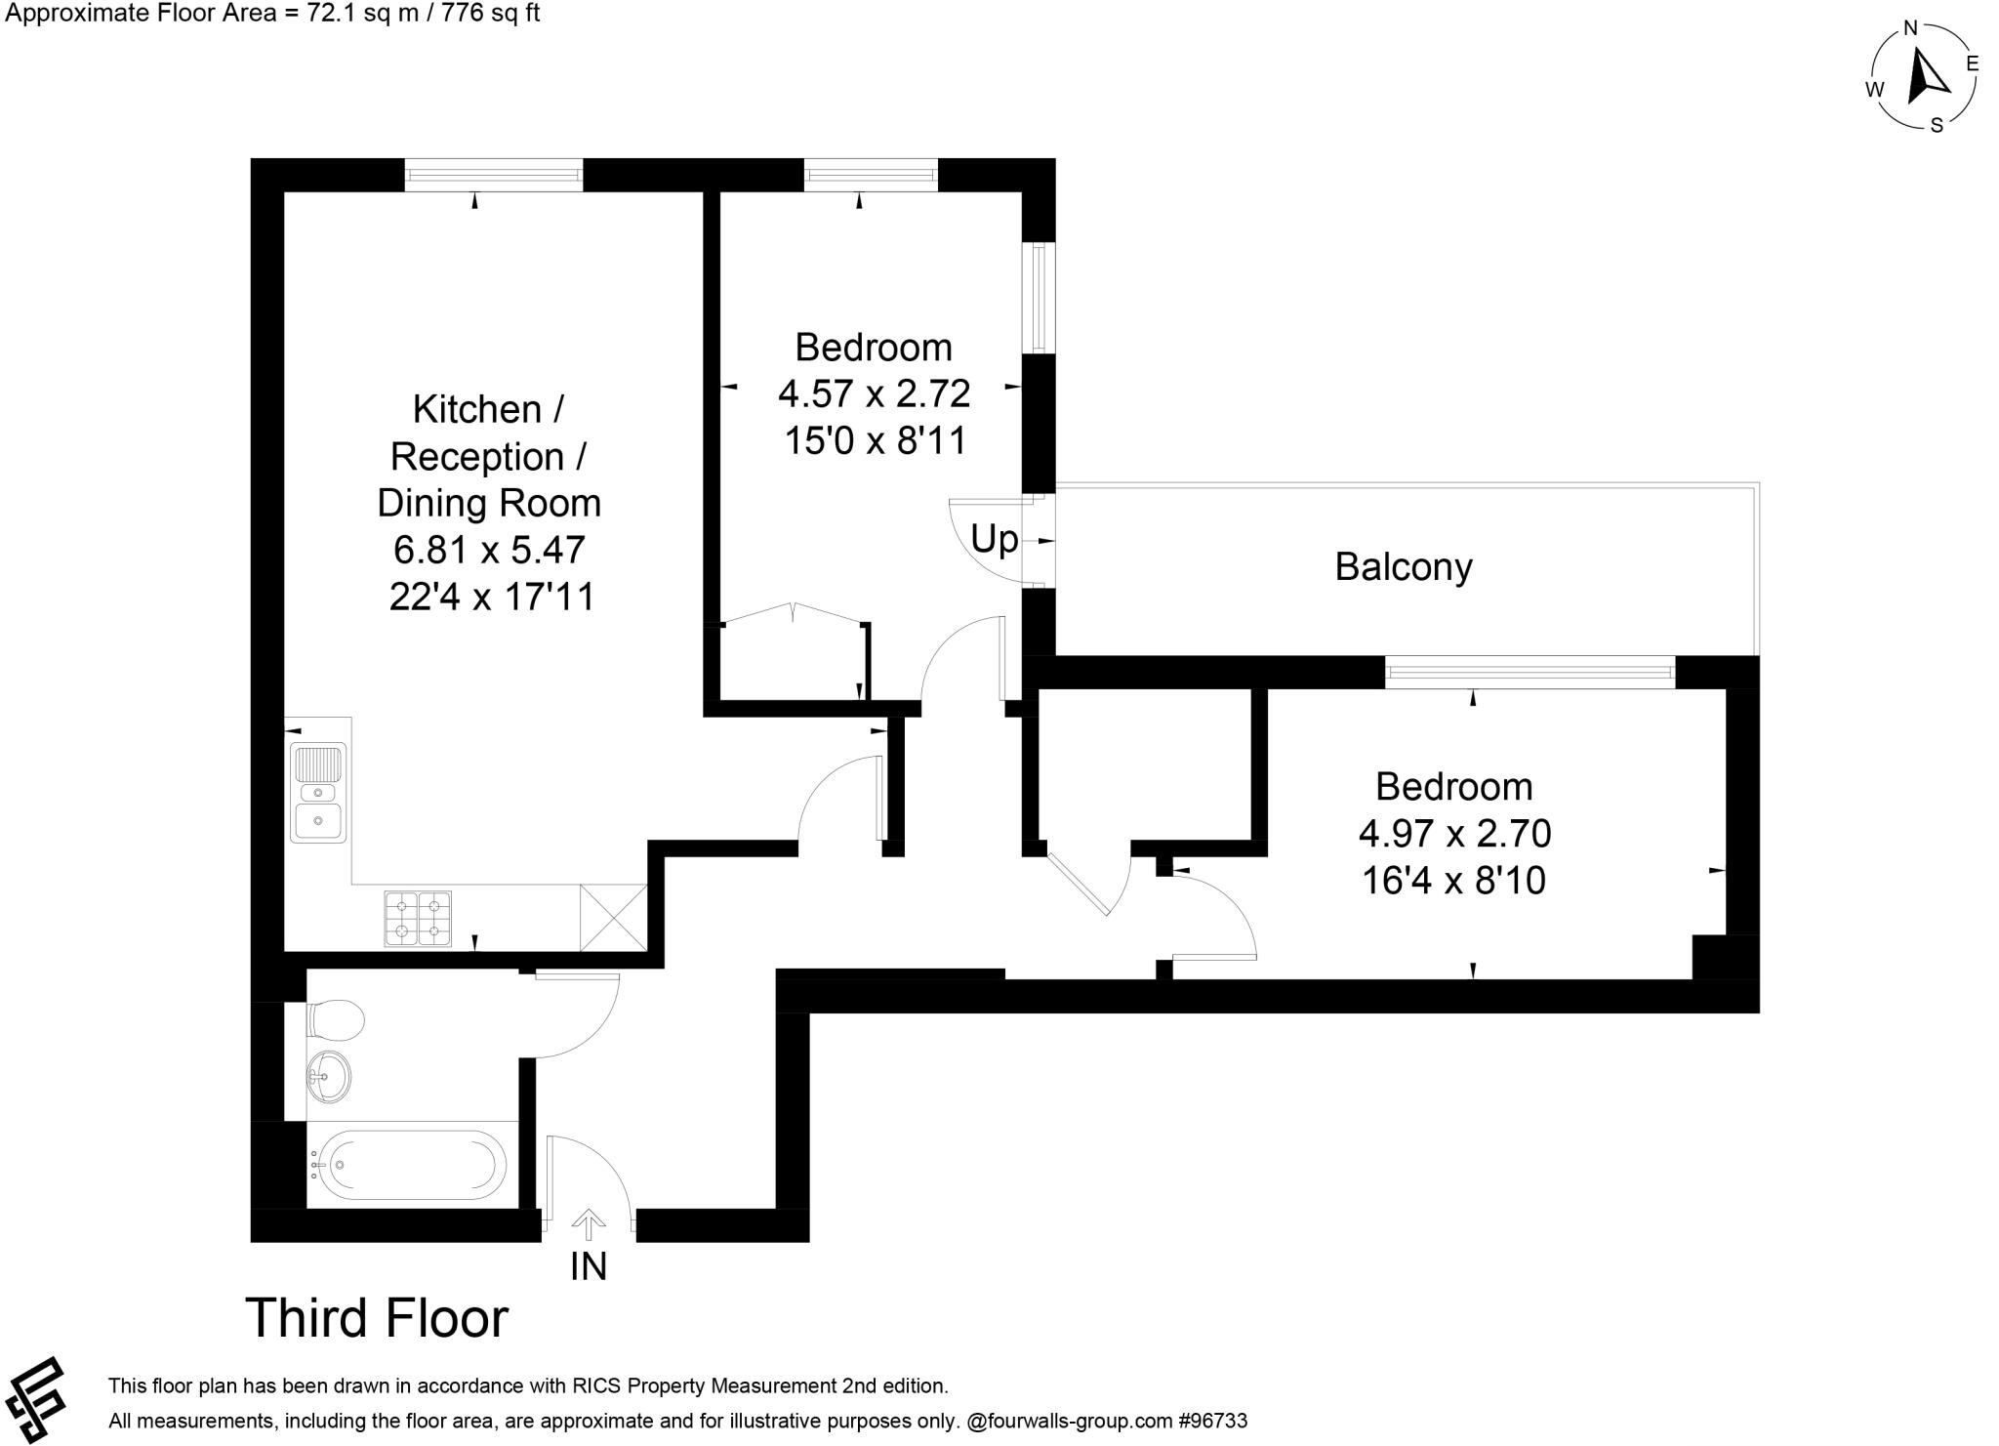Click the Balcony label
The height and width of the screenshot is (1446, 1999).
[1403, 567]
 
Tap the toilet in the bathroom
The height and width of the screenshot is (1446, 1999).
[335, 1021]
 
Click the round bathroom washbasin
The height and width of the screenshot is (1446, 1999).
[326, 1077]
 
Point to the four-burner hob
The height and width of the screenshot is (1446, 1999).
[418, 918]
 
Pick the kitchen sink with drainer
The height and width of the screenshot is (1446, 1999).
[317, 793]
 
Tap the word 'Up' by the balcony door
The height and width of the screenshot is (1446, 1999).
[994, 539]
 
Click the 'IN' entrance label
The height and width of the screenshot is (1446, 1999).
[589, 1266]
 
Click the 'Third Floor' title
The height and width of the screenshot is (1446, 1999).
[376, 1318]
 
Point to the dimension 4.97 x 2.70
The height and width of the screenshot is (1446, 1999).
[1454, 834]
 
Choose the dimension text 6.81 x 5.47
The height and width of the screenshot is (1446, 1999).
[489, 550]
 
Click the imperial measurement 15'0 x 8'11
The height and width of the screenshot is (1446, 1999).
[875, 440]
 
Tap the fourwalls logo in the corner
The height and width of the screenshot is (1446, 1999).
[34, 1400]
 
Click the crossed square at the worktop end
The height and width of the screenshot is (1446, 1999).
[613, 918]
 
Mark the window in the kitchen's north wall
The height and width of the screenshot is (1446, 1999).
[494, 175]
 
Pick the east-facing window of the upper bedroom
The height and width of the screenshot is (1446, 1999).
[1039, 298]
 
